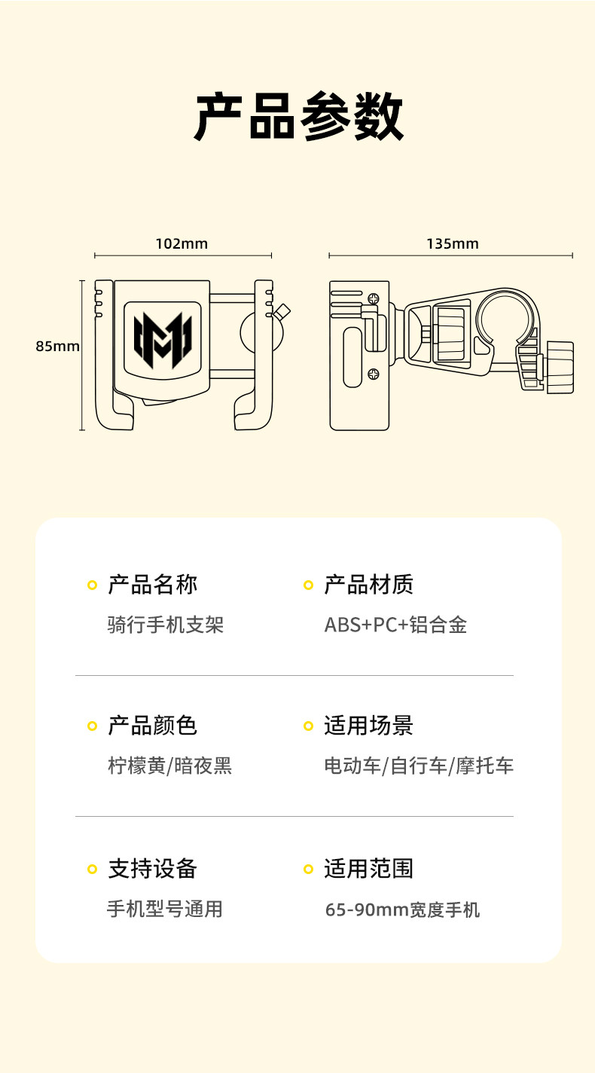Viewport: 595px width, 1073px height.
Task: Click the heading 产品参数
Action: coord(299,118)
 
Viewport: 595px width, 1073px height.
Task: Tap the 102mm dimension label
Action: coord(182,243)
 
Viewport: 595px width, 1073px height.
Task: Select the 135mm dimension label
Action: coord(452,243)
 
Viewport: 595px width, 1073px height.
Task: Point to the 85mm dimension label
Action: coord(57,347)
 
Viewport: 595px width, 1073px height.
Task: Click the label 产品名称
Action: coord(153,584)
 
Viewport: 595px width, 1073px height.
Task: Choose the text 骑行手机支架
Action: coord(166,625)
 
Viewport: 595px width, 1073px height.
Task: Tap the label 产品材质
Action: coord(369,584)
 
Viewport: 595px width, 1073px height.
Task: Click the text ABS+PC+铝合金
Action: coord(395,625)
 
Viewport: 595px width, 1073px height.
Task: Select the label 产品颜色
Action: coord(153,726)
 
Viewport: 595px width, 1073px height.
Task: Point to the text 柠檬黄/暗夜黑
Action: coord(169,766)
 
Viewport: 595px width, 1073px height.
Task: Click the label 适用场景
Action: coord(369,726)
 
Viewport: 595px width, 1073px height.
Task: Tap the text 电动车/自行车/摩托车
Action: coord(419,766)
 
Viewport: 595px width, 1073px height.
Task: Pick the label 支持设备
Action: coord(153,868)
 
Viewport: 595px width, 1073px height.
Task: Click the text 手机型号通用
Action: coord(165,909)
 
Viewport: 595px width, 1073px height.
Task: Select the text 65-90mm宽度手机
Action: coord(402,909)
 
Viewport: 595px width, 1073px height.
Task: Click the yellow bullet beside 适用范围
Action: coord(308,869)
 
